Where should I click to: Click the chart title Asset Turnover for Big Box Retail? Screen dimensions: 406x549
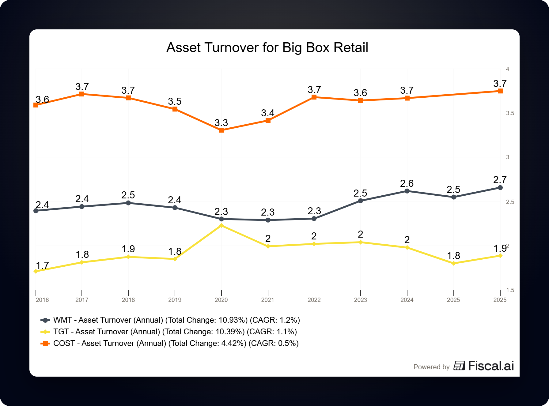click(x=267, y=48)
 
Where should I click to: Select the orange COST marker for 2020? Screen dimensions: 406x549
click(x=221, y=130)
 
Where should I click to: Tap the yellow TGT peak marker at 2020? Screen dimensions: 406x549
click(x=221, y=226)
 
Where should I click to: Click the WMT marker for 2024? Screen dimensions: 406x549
click(x=407, y=191)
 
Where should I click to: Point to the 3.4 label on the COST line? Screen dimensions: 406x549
click(x=267, y=113)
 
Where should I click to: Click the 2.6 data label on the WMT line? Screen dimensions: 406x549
click(x=407, y=183)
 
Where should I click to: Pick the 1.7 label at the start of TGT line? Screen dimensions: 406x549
click(x=42, y=265)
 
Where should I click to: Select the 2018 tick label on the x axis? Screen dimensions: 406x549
click(x=128, y=300)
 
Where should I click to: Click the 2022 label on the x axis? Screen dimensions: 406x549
click(x=314, y=300)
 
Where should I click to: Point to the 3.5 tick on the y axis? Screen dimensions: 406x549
click(x=510, y=113)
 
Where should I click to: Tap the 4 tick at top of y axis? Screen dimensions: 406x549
click(x=508, y=69)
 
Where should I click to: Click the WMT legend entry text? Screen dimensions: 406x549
click(x=176, y=320)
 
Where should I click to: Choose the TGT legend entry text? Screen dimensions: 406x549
click(x=175, y=332)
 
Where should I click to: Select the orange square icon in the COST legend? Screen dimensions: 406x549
click(x=45, y=343)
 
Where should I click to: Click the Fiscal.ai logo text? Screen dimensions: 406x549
click(x=491, y=366)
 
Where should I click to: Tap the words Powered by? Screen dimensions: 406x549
click(x=431, y=367)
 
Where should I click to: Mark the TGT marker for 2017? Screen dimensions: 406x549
click(x=82, y=262)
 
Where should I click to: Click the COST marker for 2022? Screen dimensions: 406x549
click(x=314, y=97)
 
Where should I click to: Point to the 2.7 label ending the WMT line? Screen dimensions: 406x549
click(x=500, y=180)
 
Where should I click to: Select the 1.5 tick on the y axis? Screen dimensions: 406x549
click(x=510, y=290)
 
